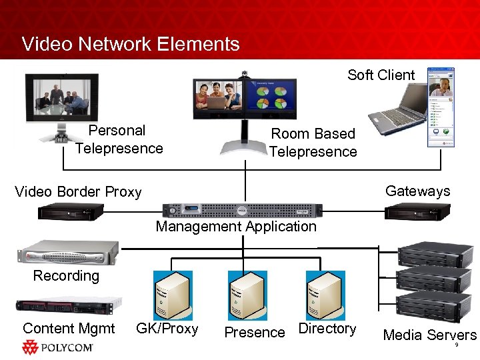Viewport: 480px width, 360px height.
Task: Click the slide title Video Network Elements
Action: click(x=131, y=44)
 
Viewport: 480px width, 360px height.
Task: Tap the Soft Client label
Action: click(x=381, y=75)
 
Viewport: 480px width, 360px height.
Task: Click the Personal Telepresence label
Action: click(x=119, y=139)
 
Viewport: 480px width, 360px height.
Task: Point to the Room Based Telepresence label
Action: click(x=313, y=143)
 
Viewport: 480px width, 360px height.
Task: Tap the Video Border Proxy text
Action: click(x=78, y=192)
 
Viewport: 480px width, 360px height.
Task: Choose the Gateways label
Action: click(x=417, y=191)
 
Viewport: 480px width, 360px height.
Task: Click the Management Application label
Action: click(x=236, y=227)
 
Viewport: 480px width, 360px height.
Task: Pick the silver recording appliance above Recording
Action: click(x=67, y=253)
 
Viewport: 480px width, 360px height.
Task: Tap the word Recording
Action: click(x=66, y=276)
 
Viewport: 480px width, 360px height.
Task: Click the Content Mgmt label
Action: click(x=69, y=329)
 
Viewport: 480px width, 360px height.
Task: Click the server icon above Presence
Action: click(x=247, y=295)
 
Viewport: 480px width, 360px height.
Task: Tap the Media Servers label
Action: click(x=429, y=335)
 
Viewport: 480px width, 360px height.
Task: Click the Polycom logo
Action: click(x=58, y=347)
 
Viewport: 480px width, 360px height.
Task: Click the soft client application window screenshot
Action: click(x=441, y=107)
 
